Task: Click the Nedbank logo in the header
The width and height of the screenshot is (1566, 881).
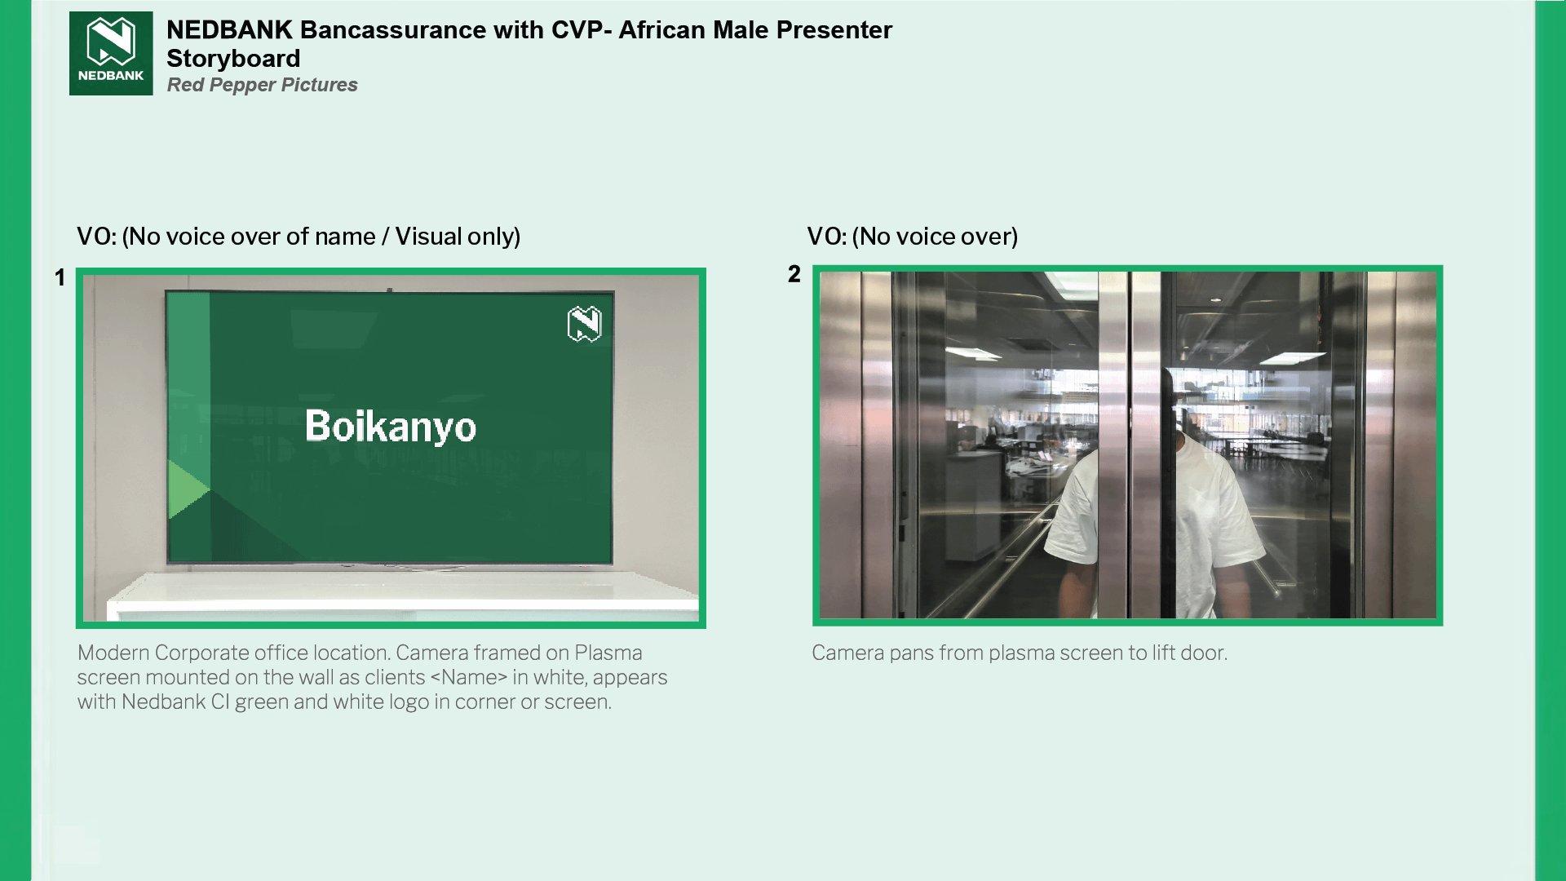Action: pos(111,53)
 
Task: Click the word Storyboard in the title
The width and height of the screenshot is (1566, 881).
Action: pos(233,59)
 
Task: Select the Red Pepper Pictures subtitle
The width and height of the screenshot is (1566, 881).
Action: pos(262,85)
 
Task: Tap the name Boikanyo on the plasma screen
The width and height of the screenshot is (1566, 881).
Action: pos(391,426)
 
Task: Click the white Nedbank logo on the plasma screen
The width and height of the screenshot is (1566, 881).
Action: pos(585,324)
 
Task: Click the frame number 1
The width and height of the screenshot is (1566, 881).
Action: pos(60,278)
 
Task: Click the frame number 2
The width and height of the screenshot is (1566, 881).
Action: pos(794,274)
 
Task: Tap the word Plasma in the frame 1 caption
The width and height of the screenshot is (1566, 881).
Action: pos(608,653)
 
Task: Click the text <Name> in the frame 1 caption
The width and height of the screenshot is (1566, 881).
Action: pos(469,677)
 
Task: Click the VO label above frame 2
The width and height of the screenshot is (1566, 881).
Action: pos(826,237)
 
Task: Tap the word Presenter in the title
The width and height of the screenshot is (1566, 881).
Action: pos(834,30)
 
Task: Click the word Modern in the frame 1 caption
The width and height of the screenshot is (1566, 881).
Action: pos(113,653)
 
